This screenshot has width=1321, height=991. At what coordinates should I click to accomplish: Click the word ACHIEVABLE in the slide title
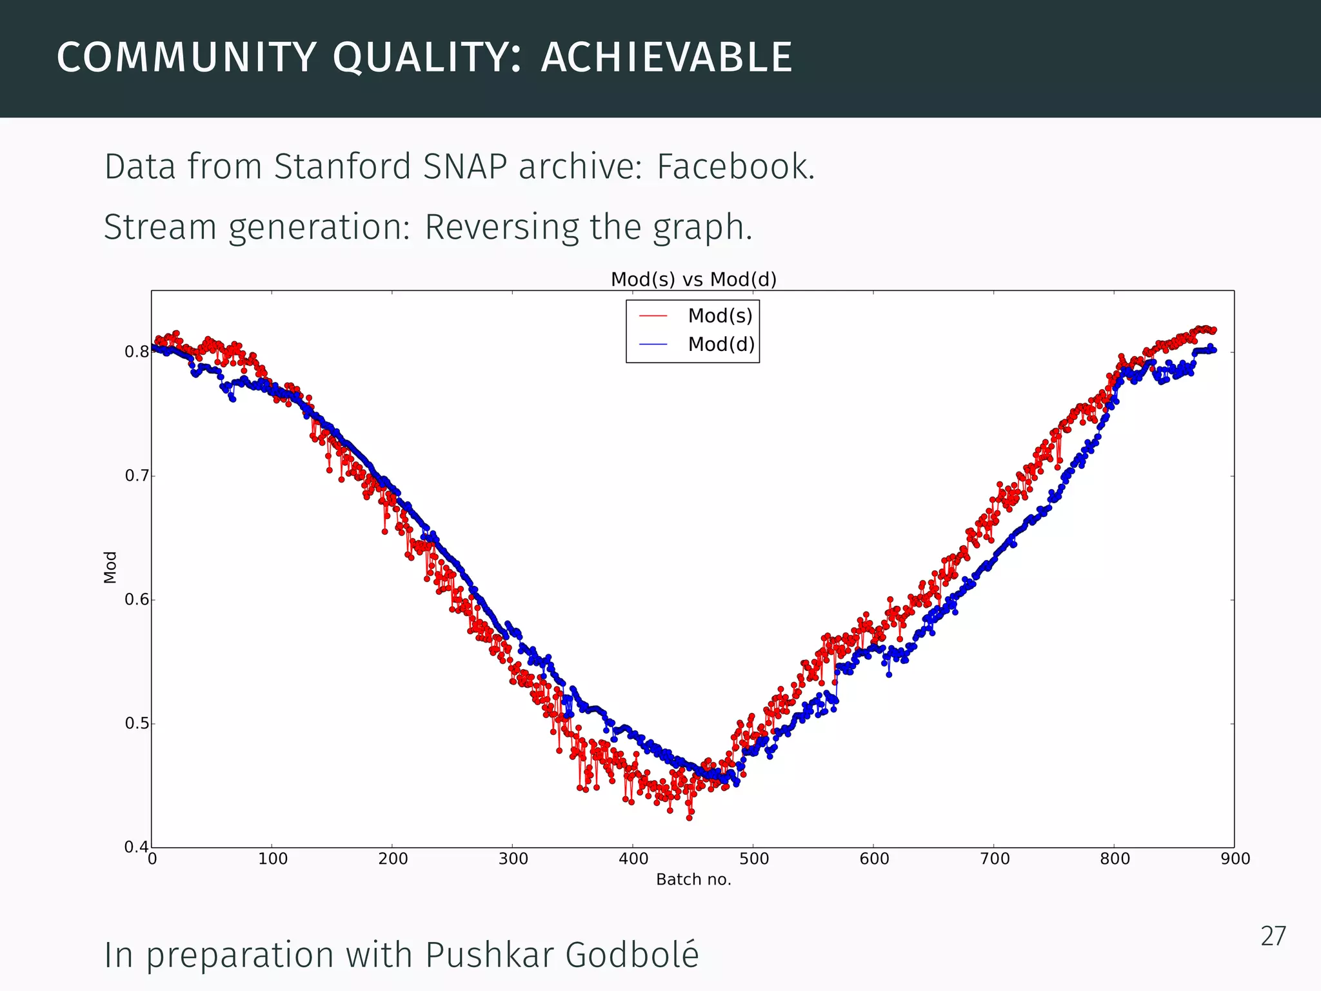pyautogui.click(x=666, y=57)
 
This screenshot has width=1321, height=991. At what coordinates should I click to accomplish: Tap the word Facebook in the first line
pyautogui.click(x=735, y=166)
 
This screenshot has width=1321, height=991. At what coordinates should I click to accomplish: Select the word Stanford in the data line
pyautogui.click(x=343, y=166)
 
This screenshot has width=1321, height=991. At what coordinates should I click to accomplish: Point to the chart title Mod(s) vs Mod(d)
pyautogui.click(x=693, y=279)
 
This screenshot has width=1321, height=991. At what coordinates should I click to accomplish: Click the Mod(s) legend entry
pyautogui.click(x=720, y=315)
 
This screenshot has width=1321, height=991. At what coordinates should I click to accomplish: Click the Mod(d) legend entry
pyautogui.click(x=720, y=344)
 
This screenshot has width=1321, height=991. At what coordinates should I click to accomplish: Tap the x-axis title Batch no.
pyautogui.click(x=693, y=879)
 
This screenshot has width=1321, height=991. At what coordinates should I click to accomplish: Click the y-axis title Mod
pyautogui.click(x=110, y=567)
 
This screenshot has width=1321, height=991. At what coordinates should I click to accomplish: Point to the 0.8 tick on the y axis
pyautogui.click(x=136, y=352)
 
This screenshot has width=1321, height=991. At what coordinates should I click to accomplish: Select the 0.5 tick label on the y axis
pyautogui.click(x=136, y=723)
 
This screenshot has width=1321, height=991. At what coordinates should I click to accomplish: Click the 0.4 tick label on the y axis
pyautogui.click(x=136, y=846)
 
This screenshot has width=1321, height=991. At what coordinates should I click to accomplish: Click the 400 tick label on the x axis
pyautogui.click(x=633, y=859)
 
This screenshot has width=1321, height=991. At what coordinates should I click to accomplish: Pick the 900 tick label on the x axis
pyautogui.click(x=1235, y=859)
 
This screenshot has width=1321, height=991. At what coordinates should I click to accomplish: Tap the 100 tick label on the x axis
pyautogui.click(x=272, y=859)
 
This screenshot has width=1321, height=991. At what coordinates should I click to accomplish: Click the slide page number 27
pyautogui.click(x=1273, y=936)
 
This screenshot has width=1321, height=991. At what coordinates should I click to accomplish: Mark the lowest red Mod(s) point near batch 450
pyautogui.click(x=690, y=817)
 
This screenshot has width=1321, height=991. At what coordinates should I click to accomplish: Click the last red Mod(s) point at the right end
pyautogui.click(x=1214, y=330)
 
